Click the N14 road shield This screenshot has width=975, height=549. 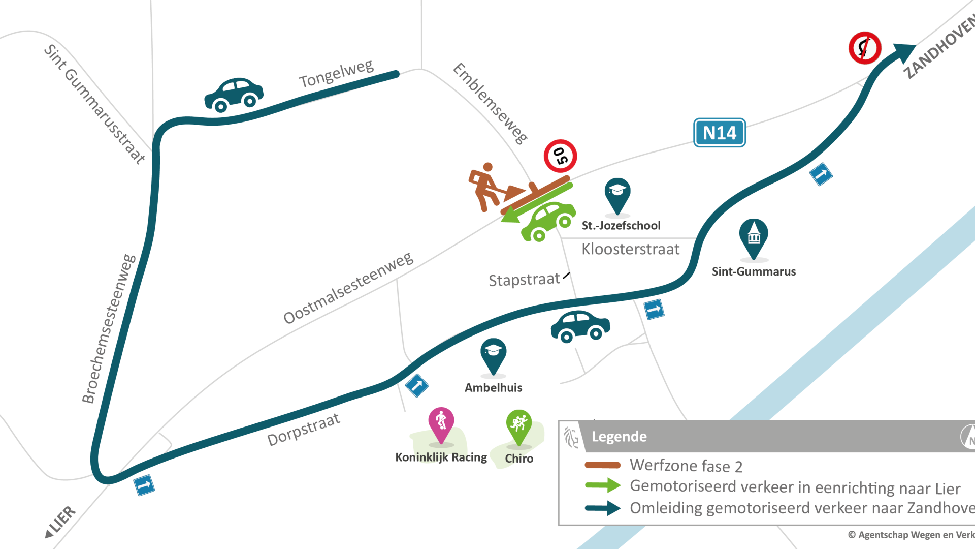pyautogui.click(x=719, y=133)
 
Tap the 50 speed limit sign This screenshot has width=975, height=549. pyautogui.click(x=560, y=156)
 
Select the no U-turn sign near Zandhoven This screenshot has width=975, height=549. pyautogui.click(x=864, y=48)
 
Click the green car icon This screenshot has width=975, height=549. pyautogui.click(x=549, y=221)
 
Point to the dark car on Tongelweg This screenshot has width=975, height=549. pyautogui.click(x=234, y=95)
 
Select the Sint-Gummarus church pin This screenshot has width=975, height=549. pyautogui.click(x=754, y=237)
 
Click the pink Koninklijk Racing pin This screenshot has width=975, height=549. pyautogui.click(x=441, y=425)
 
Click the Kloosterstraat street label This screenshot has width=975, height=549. pyautogui.click(x=630, y=249)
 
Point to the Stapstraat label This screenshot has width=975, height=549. pyautogui.click(x=524, y=280)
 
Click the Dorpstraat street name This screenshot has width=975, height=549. pyautogui.click(x=303, y=430)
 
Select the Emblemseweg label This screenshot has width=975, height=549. pyautogui.click(x=490, y=103)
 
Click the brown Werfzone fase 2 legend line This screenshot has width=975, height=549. pyautogui.click(x=602, y=465)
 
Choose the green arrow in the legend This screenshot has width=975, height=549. pyautogui.click(x=602, y=485)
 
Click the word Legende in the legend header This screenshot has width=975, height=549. pyautogui.click(x=619, y=437)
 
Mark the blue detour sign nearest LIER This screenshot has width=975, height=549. pyautogui.click(x=144, y=485)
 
